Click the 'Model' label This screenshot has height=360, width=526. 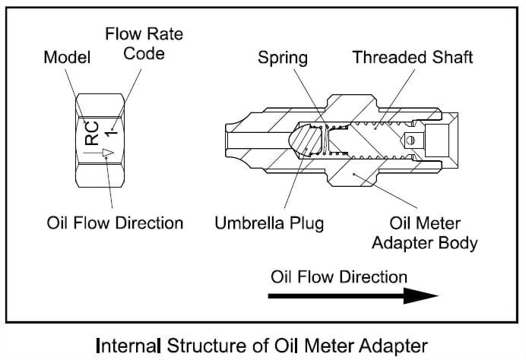pos(66,58)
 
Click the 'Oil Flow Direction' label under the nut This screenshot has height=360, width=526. pos(114,223)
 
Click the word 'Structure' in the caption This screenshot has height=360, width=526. pos(202,343)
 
